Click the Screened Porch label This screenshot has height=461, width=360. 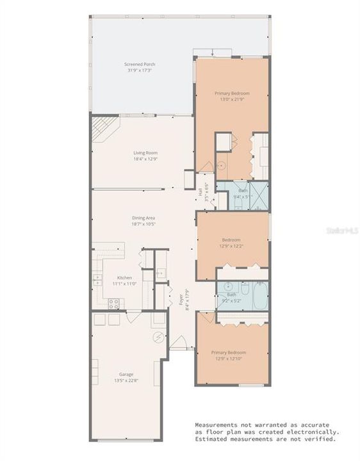(x=139, y=64)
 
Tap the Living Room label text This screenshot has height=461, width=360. (x=145, y=152)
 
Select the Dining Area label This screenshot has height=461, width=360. (x=143, y=218)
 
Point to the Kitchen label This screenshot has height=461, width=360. (x=124, y=277)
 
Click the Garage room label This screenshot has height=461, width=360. (x=125, y=374)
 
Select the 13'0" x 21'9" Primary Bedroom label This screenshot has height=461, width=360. (x=231, y=93)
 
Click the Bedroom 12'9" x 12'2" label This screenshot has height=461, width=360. (x=231, y=239)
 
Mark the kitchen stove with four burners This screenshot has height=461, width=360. (x=113, y=304)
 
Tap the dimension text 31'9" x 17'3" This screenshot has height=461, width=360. (x=139, y=70)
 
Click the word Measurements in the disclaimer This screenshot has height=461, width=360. (x=222, y=425)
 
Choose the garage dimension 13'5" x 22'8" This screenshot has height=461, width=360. (x=125, y=380)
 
